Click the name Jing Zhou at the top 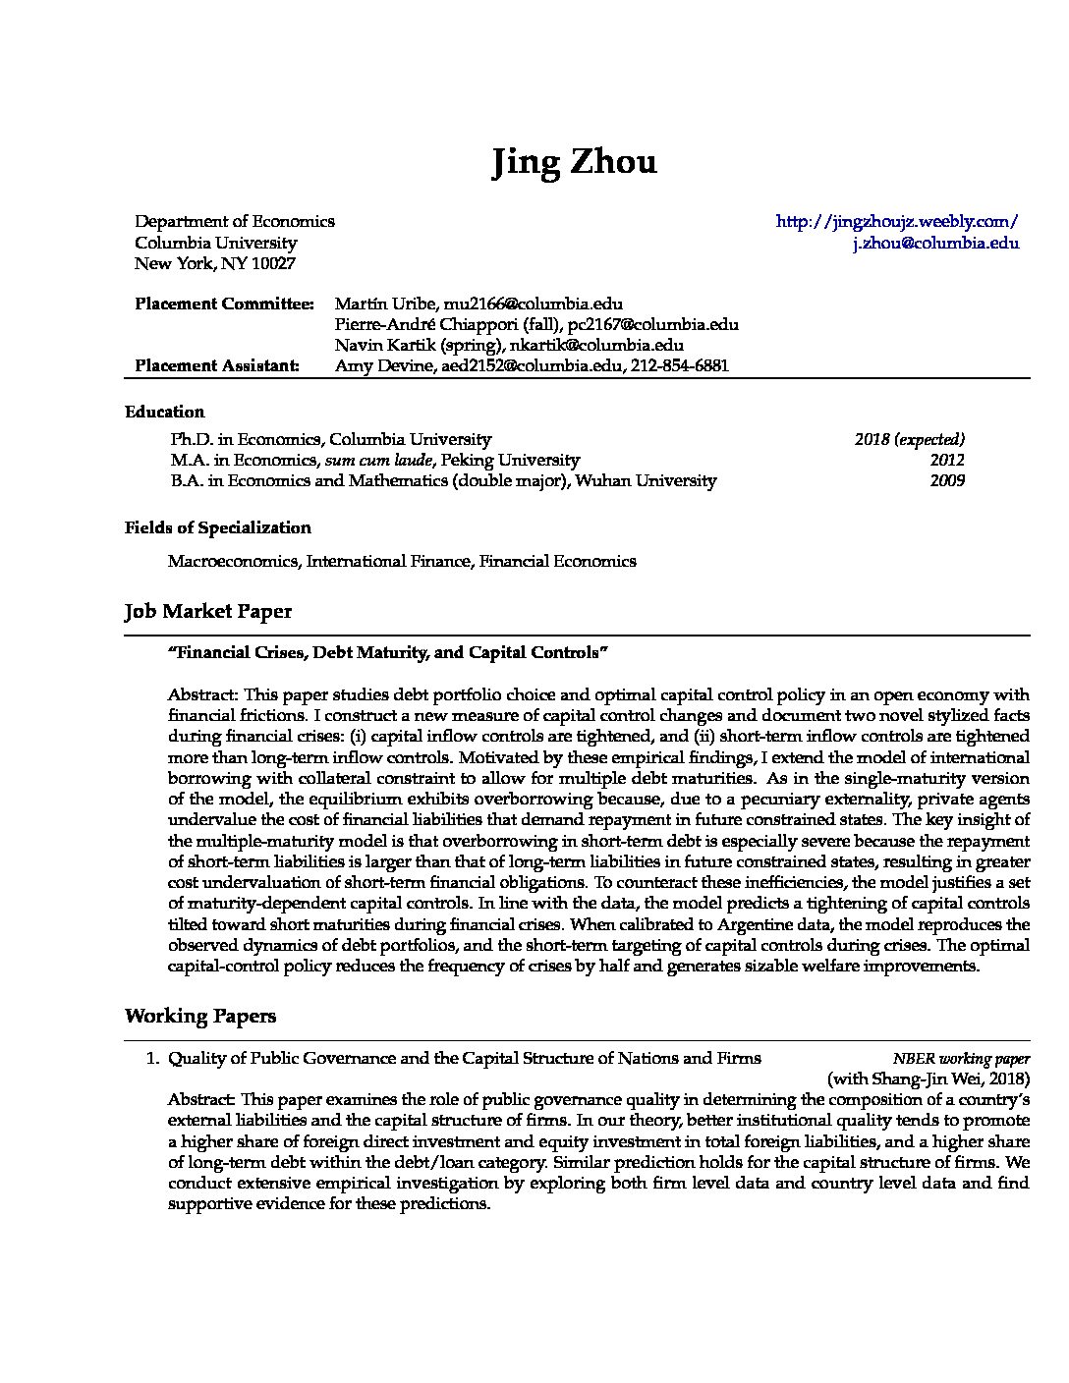(574, 162)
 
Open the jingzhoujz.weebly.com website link (896, 222)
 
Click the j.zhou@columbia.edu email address (935, 244)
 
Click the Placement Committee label (224, 304)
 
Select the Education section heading (164, 413)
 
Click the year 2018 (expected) (909, 440)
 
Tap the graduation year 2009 (947, 481)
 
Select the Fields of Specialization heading (217, 528)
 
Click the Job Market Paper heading (207, 612)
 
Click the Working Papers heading (199, 1017)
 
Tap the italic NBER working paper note (961, 1059)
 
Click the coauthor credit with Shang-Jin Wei (928, 1079)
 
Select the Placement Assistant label (216, 366)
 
